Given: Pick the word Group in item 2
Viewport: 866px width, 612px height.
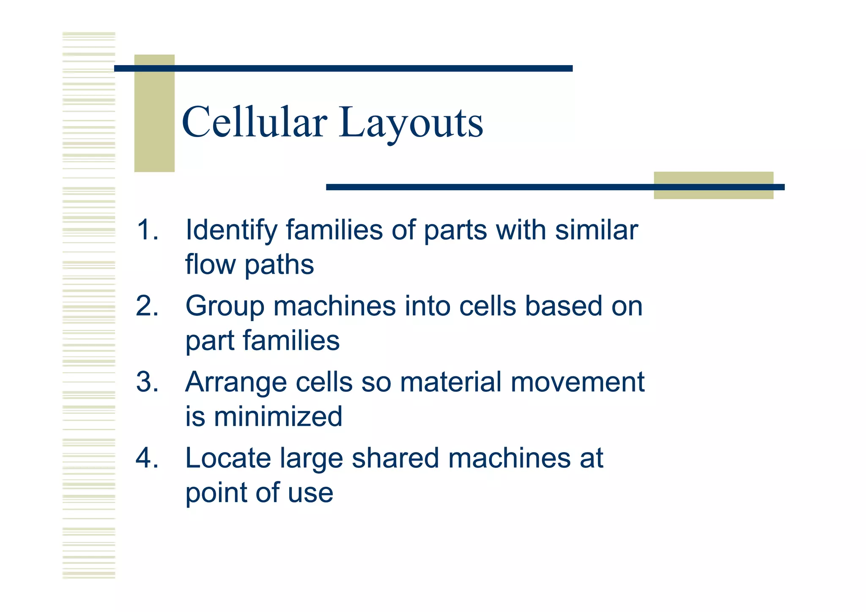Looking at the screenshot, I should pyautogui.click(x=225, y=307).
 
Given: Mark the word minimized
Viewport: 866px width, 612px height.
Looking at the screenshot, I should pyautogui.click(x=278, y=417).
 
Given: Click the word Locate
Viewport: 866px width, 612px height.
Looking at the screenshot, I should pyautogui.click(x=228, y=458).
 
